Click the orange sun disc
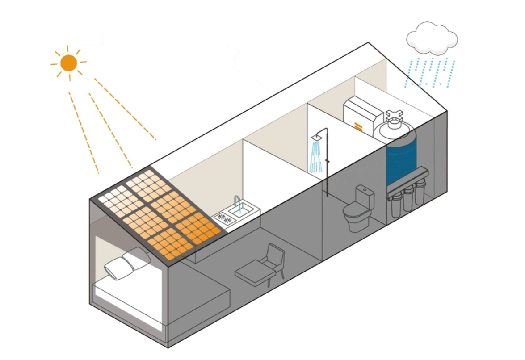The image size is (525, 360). tap(68, 63)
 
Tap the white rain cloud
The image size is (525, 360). tap(432, 38)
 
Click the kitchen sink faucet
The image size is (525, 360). tap(237, 201)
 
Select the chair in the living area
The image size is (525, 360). tap(264, 266)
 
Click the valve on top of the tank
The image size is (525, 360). tap(395, 117)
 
